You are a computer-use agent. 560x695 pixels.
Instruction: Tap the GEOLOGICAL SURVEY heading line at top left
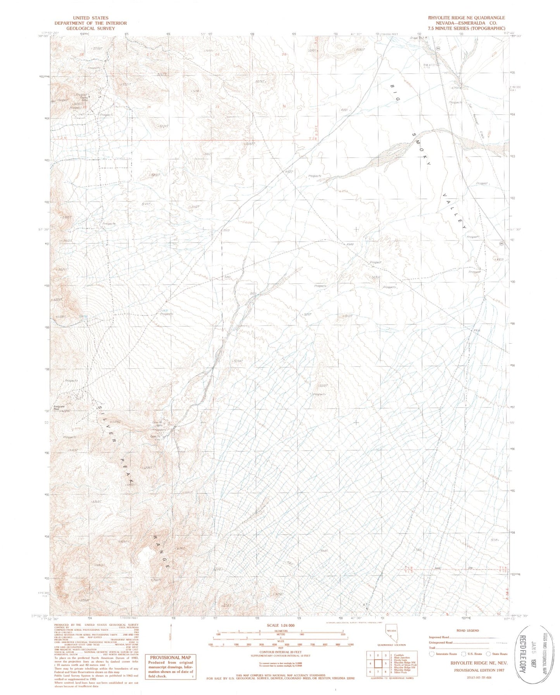pos(91,28)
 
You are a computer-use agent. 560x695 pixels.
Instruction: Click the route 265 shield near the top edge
pos(438,48)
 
